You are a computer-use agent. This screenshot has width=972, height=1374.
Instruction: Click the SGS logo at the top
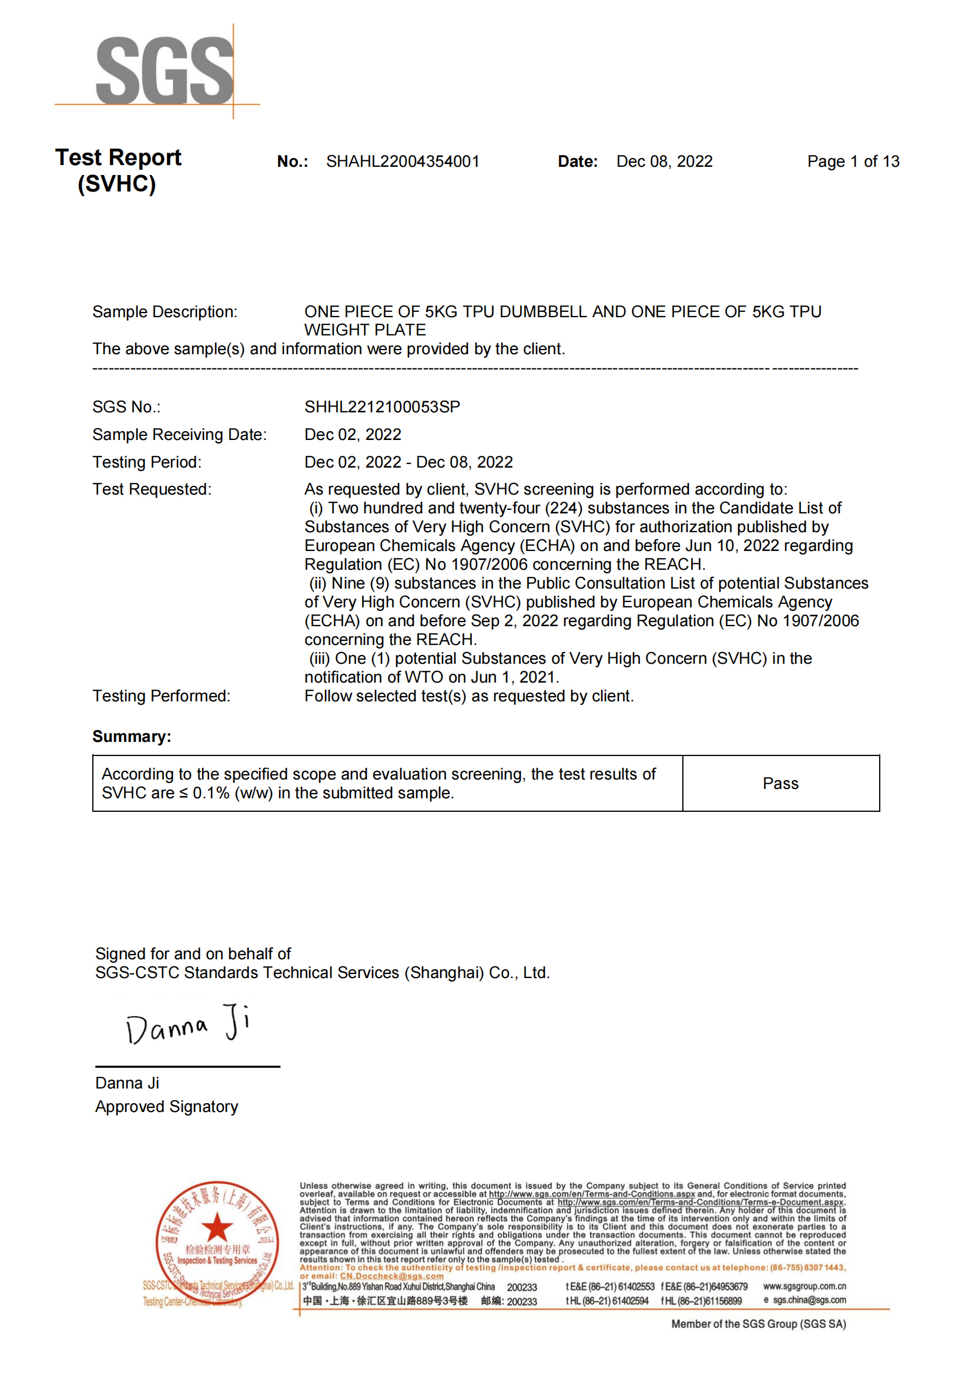[x=164, y=70]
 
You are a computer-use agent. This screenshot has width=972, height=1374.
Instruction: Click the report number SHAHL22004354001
[x=402, y=162]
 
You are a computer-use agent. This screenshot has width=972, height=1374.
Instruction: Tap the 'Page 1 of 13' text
[x=852, y=162]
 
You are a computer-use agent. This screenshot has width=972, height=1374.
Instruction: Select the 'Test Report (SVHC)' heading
[x=118, y=170]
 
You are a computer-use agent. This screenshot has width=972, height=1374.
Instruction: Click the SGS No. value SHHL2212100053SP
[x=382, y=407]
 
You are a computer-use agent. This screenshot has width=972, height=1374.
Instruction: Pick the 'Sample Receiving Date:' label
[x=180, y=435]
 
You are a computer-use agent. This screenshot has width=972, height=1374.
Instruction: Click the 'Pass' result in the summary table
[x=780, y=784]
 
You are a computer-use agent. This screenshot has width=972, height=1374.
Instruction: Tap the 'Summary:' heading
[x=132, y=736]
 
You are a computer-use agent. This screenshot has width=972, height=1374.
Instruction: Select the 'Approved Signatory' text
[x=166, y=1107]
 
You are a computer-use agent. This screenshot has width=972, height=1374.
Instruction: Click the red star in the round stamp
[x=217, y=1227]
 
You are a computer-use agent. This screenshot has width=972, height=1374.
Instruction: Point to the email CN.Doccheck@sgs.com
[x=391, y=1276]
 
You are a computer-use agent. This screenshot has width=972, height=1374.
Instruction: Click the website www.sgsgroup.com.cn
[x=804, y=1286]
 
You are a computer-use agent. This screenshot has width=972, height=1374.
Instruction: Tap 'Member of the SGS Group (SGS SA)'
[x=758, y=1323]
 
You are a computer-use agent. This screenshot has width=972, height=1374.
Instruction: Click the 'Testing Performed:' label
[x=161, y=696]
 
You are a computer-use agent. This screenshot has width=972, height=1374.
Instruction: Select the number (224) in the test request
[x=563, y=508]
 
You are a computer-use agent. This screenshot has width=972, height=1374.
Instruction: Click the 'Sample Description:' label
[x=165, y=312]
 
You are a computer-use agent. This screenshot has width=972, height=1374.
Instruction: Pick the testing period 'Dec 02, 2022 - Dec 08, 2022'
[x=408, y=462]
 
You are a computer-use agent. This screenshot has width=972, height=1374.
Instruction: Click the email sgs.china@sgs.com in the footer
[x=809, y=1300]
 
